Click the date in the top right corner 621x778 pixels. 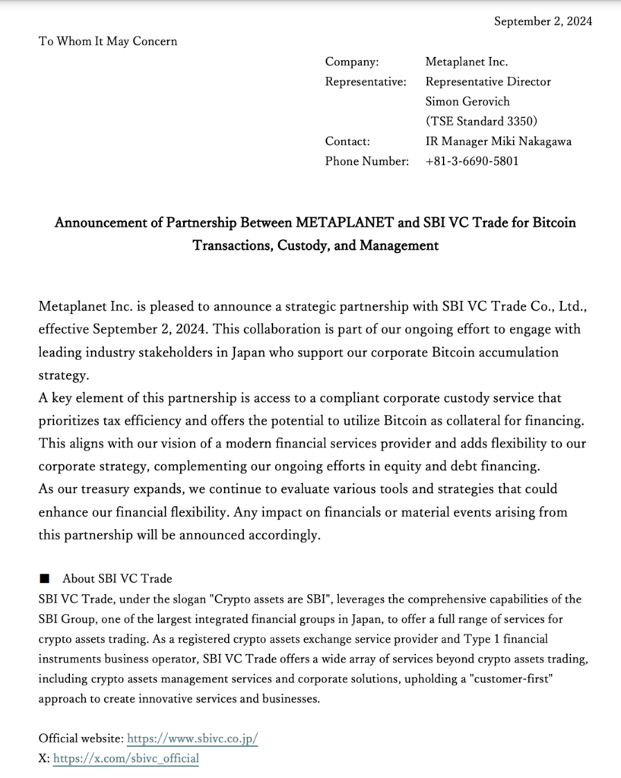543,21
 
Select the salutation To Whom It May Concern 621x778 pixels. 108,41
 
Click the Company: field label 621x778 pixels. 352,62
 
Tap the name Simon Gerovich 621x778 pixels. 467,101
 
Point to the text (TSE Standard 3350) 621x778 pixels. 481,121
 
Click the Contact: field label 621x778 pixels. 347,141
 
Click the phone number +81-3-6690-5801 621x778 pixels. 472,160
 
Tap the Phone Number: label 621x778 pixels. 367,160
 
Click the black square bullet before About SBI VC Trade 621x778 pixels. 45,579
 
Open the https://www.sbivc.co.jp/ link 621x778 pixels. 192,738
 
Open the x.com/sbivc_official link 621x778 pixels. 126,758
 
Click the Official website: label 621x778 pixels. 81,738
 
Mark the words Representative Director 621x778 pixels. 488,81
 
